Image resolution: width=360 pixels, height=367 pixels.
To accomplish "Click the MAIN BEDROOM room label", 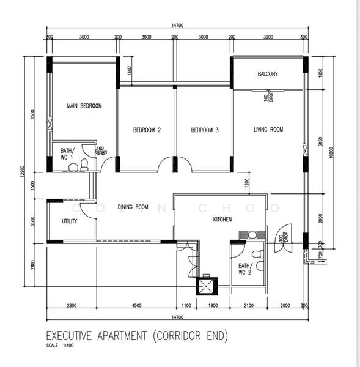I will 84,106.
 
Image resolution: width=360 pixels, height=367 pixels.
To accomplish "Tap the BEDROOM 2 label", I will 147,130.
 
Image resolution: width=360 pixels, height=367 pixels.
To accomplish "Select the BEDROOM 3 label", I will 204,130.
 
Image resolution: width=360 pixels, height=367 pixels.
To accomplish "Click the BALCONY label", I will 268,74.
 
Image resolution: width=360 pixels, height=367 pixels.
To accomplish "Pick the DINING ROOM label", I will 133,207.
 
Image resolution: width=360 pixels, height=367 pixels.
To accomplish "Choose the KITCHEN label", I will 222,219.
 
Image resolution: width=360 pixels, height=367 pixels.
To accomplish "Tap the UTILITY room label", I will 69,221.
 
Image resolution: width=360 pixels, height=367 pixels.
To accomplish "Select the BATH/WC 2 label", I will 245,269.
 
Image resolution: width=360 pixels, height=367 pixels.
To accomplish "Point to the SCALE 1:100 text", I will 61,346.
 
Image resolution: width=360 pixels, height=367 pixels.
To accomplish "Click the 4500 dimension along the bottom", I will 136,305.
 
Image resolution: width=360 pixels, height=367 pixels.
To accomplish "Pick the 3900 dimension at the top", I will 268,37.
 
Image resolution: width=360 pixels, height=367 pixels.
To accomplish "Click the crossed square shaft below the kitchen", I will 207,285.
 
